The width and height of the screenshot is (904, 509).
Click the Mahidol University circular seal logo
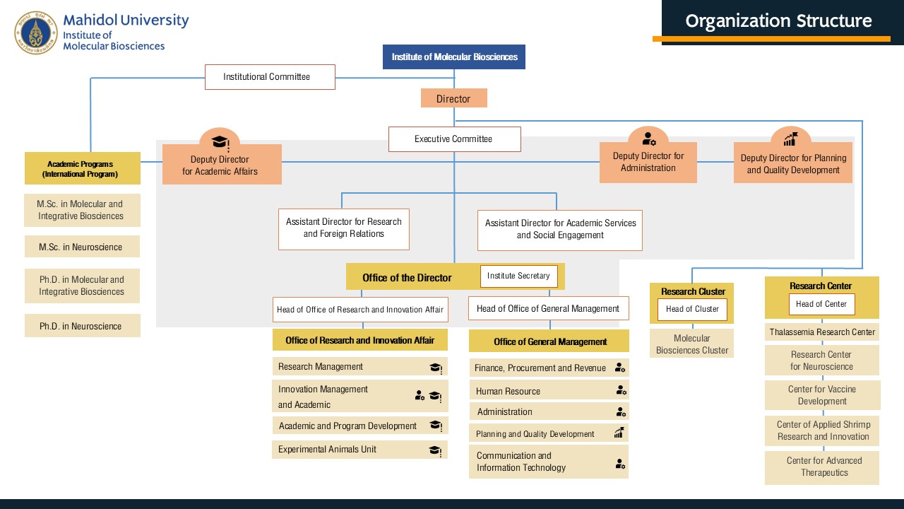35,33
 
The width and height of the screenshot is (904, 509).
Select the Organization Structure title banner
778,21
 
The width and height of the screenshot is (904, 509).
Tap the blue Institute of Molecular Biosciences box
454,57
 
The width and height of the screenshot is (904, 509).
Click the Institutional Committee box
270,77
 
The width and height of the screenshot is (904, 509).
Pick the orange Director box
453,99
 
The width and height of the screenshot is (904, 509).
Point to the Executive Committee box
454,139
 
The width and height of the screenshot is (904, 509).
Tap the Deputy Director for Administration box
648,163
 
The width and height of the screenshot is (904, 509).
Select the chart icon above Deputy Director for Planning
790,139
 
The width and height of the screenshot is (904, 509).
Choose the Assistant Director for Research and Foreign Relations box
344,228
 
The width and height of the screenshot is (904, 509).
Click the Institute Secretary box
518,276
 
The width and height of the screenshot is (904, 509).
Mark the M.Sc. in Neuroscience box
82,247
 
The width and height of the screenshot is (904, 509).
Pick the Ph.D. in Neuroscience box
82,327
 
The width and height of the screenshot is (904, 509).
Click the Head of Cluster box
692,309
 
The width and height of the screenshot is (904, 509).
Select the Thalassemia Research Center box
822,332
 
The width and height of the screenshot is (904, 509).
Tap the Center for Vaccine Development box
822,395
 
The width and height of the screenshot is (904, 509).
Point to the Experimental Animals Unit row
359,450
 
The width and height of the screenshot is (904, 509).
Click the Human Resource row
548,391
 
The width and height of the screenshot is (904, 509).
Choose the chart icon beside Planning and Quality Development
619,433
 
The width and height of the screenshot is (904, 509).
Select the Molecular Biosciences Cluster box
692,344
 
